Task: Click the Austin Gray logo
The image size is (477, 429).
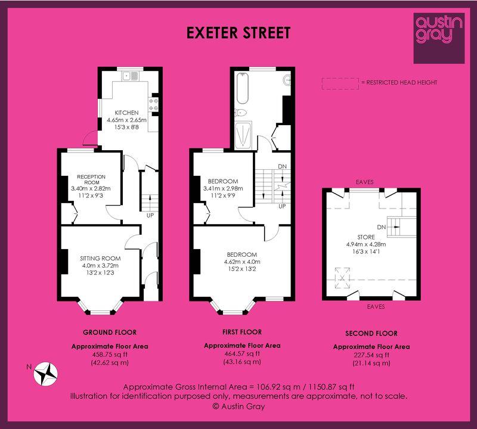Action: (439, 38)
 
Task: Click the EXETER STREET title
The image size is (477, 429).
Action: (238, 33)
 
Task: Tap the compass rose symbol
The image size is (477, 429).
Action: (46, 374)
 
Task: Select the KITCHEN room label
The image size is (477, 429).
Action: (126, 113)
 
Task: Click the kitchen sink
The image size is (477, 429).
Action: (131, 76)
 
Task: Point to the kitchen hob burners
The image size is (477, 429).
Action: (153, 104)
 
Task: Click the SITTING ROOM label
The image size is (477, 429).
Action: (100, 259)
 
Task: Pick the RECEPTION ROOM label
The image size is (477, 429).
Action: (91, 179)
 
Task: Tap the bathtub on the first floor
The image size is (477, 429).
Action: (243, 88)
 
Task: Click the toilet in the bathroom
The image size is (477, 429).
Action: (241, 113)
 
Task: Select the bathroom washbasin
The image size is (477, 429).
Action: (287, 80)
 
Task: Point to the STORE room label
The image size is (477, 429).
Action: (366, 237)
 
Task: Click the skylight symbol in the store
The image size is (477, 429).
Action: (342, 278)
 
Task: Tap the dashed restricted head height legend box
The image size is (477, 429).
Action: (340, 83)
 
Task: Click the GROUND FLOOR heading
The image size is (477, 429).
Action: (110, 332)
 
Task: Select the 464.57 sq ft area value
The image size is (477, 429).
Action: (242, 353)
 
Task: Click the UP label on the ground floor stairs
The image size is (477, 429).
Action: (150, 215)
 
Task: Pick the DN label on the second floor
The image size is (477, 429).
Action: (382, 227)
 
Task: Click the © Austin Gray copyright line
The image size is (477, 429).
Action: (238, 406)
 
